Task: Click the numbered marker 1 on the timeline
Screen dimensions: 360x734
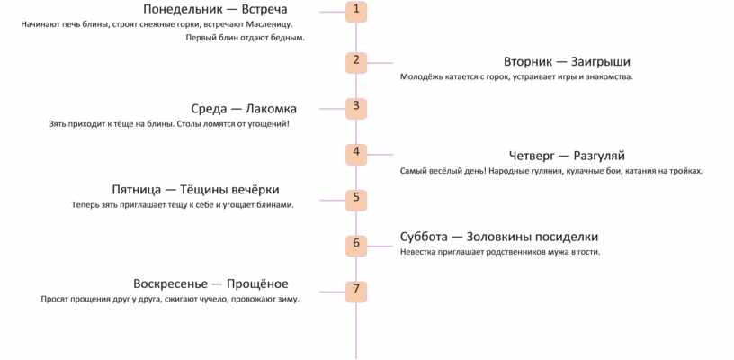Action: click(x=356, y=11)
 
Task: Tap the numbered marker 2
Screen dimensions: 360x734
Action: click(x=356, y=62)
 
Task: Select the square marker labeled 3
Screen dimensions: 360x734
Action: click(x=356, y=107)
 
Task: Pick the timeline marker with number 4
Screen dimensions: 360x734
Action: click(x=356, y=152)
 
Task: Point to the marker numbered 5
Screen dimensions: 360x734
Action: click(x=356, y=198)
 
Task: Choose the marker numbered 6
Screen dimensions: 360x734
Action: click(x=356, y=244)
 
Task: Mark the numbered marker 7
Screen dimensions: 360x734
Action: click(x=356, y=290)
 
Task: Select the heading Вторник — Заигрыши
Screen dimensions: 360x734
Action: click(x=567, y=62)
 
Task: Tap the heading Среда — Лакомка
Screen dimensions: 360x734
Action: click(x=244, y=108)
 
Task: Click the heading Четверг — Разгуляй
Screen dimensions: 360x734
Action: click(x=567, y=155)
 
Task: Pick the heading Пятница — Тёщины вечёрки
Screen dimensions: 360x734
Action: click(x=195, y=190)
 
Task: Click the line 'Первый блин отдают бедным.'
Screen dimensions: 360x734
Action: click(x=245, y=38)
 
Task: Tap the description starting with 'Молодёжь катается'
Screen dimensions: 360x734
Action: click(x=516, y=77)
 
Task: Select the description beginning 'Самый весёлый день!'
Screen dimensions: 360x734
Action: click(x=550, y=170)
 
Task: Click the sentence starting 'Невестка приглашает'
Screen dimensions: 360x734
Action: click(x=499, y=252)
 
